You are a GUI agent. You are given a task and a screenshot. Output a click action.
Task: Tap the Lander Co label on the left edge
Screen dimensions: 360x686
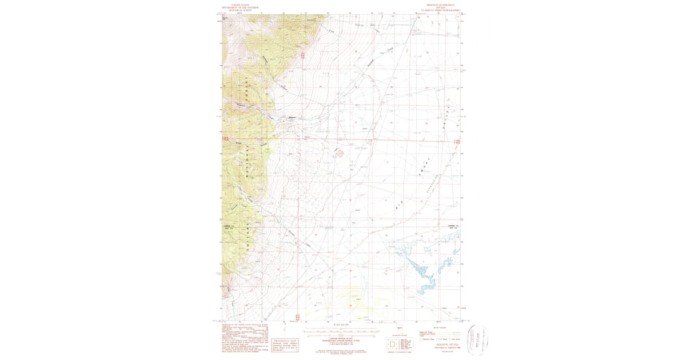229,226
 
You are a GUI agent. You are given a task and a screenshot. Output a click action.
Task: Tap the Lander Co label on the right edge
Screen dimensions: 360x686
453,226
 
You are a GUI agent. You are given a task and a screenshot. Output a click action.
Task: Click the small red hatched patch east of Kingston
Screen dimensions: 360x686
340,153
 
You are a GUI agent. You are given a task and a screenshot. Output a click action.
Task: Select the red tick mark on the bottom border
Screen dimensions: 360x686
297,315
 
